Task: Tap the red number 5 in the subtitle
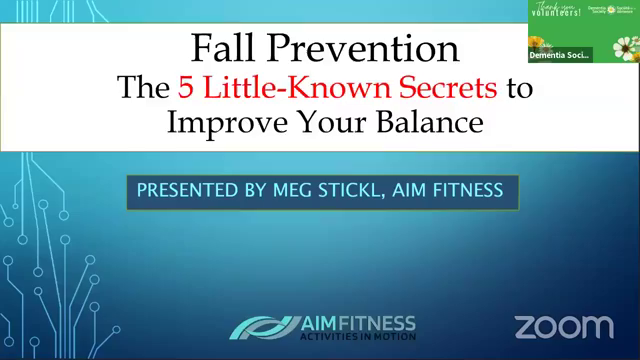pyautogui.click(x=186, y=88)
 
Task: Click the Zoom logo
pyautogui.click(x=563, y=326)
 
